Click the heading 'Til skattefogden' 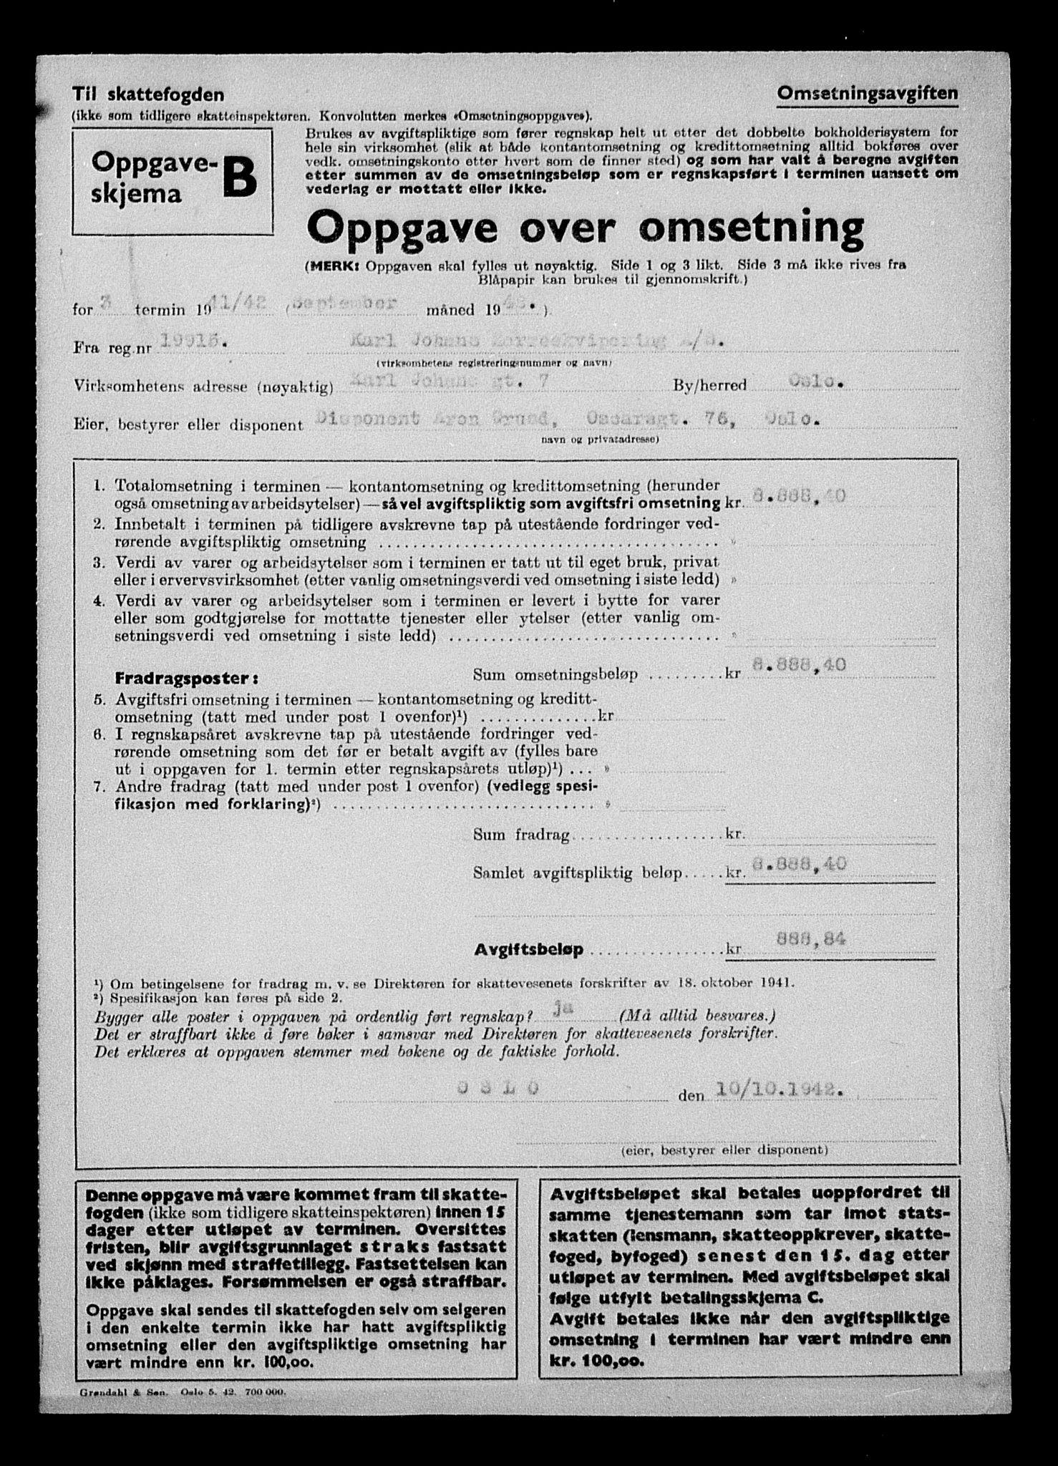147,94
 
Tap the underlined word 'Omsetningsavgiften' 868,93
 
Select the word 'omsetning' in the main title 752,228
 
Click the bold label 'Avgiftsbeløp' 528,950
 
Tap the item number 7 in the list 100,787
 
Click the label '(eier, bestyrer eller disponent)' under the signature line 724,1150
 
